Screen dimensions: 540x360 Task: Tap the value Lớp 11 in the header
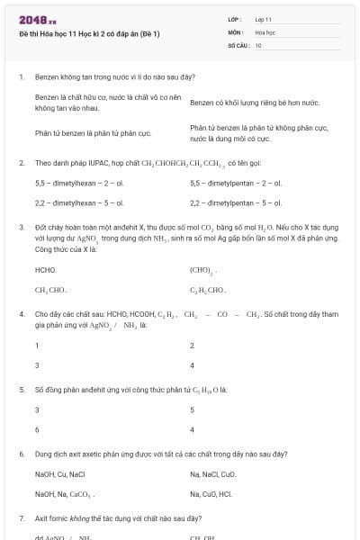tap(264, 19)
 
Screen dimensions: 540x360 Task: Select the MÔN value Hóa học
tap(265, 31)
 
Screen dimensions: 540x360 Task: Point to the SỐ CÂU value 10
tap(258, 44)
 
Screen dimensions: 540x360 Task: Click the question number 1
tap(21, 77)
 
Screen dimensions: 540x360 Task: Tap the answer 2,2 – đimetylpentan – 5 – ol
tap(236, 203)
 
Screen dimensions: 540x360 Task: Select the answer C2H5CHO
tap(207, 291)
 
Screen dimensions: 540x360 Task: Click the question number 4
tap(21, 314)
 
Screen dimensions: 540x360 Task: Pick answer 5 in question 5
tap(193, 409)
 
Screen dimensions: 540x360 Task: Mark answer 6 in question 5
tap(37, 430)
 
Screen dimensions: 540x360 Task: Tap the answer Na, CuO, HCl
tap(211, 494)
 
